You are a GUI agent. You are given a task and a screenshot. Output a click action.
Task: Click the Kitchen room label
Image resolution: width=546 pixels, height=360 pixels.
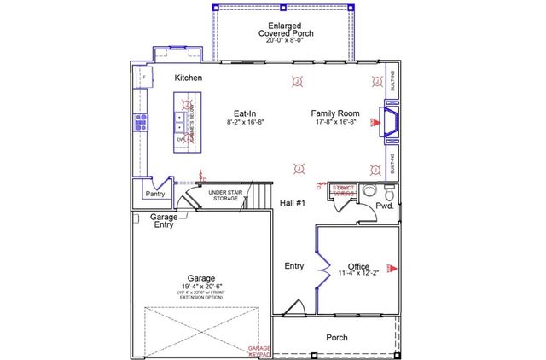tap(188, 78)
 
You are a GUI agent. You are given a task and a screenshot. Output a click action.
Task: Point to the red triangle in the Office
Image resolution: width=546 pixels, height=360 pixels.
tap(392, 268)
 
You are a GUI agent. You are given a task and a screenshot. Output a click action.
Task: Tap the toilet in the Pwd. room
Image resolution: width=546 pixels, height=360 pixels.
tap(370, 190)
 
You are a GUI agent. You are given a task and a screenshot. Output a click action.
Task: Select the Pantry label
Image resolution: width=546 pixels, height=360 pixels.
tap(154, 194)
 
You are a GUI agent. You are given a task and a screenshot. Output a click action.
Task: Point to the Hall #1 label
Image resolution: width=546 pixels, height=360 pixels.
tap(293, 202)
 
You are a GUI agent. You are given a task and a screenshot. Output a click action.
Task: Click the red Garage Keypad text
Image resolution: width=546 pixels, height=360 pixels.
tap(258, 351)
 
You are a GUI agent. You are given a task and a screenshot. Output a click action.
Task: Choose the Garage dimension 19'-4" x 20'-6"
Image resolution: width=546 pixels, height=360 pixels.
tap(200, 286)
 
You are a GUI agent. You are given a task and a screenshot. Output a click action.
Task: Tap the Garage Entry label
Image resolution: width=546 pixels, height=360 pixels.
tap(164, 221)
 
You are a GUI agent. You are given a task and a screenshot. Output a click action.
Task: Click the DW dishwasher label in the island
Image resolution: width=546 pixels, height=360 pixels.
tap(181, 139)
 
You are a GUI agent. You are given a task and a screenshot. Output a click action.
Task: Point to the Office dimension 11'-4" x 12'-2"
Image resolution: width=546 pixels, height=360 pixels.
tap(358, 273)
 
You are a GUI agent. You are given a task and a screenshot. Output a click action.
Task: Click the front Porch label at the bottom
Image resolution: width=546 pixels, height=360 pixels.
tap(338, 338)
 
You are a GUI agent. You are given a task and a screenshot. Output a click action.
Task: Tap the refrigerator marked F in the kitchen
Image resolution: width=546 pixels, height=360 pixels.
tap(142, 78)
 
